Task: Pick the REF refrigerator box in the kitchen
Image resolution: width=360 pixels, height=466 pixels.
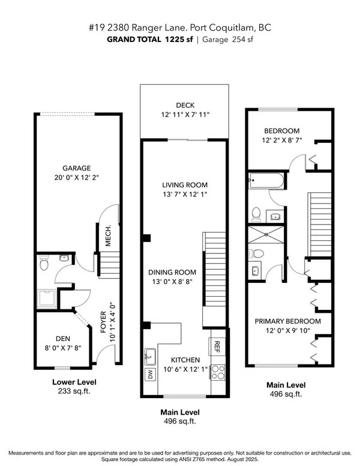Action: [x=217, y=346]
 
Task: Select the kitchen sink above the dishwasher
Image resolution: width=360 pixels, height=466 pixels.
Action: [x=149, y=354]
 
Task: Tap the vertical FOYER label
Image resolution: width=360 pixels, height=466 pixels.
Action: [x=103, y=322]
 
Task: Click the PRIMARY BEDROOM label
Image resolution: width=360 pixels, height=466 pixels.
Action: [x=290, y=321]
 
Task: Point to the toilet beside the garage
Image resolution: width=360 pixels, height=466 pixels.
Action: [x=44, y=262]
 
